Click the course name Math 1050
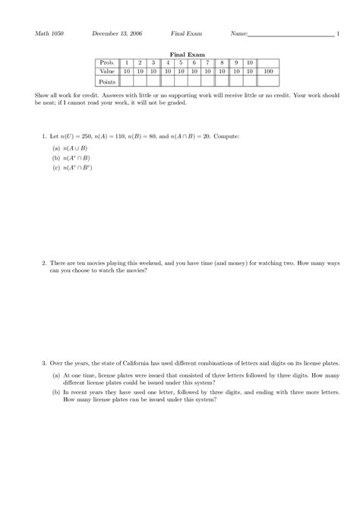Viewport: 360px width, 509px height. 49,34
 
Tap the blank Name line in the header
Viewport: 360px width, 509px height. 291,35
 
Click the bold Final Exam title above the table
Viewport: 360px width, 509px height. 182,55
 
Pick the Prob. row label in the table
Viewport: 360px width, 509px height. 106,62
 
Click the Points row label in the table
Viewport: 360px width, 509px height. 106,80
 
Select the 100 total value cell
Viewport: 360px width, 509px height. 267,71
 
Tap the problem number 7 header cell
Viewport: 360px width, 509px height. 207,62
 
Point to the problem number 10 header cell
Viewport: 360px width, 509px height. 249,62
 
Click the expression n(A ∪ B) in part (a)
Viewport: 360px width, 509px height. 75,147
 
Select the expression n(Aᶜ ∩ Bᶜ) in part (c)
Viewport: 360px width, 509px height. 77,167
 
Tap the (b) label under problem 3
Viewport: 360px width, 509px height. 56,393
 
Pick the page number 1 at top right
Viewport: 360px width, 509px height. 338,34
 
